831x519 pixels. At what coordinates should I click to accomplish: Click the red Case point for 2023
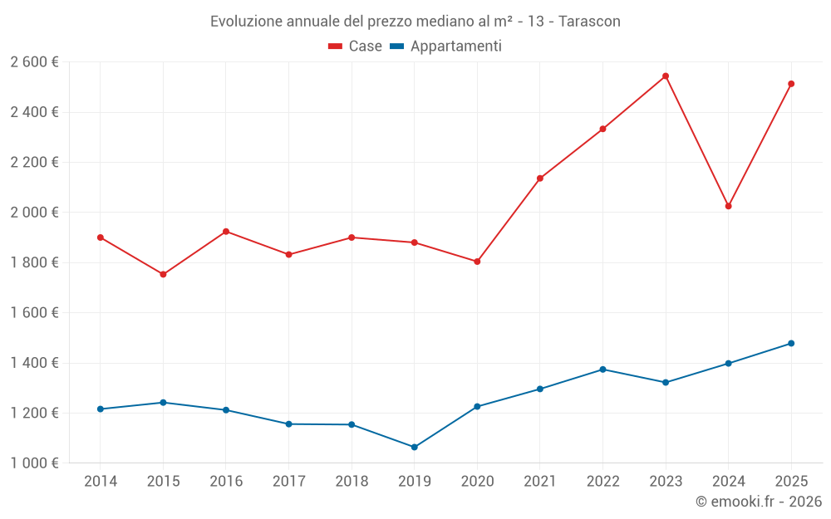click(x=666, y=76)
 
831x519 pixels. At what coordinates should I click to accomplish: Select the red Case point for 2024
click(x=729, y=206)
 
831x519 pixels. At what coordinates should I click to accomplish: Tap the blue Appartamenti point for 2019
click(x=415, y=448)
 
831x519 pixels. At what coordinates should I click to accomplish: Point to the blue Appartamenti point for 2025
click(x=791, y=344)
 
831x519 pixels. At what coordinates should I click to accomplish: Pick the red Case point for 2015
click(x=163, y=274)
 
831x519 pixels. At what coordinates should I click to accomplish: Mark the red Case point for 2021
click(x=540, y=179)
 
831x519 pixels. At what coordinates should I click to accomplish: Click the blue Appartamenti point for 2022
click(x=602, y=370)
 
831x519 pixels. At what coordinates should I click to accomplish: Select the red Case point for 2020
click(x=477, y=262)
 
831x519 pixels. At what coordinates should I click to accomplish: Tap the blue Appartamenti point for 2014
click(x=101, y=409)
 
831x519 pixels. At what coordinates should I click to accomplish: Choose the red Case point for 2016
click(x=226, y=232)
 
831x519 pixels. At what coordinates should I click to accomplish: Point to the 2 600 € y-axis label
click(x=34, y=62)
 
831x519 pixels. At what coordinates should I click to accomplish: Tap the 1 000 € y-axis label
click(x=34, y=463)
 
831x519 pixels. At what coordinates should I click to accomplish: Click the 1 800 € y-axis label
click(x=34, y=262)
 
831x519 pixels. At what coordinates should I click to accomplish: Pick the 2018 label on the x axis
click(x=352, y=482)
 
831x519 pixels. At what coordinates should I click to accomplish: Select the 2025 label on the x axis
click(x=791, y=482)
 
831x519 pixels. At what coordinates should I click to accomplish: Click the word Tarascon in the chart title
click(x=589, y=21)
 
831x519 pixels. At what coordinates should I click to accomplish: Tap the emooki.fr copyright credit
click(x=759, y=502)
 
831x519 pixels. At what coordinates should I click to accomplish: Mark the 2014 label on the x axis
click(x=101, y=482)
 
